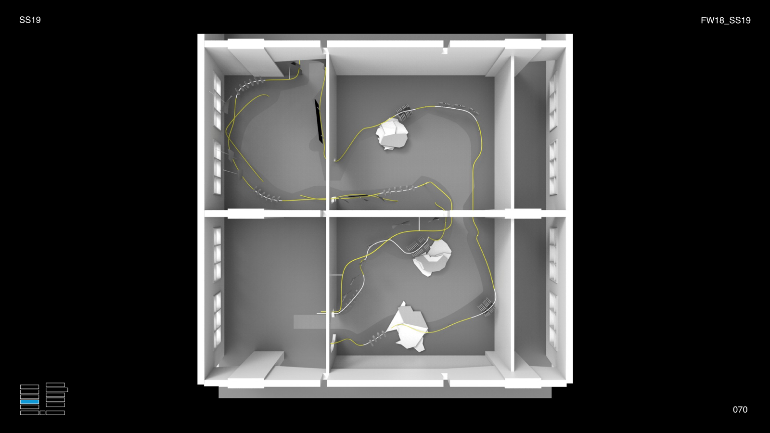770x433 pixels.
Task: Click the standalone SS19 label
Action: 30,20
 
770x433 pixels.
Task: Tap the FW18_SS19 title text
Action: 726,20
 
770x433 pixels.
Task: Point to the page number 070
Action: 740,409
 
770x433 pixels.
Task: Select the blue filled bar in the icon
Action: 29,402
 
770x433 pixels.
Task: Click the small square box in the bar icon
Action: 42,413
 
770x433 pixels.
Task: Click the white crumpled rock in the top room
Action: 392,134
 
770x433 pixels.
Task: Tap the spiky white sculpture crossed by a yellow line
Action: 408,327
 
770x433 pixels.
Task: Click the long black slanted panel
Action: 319,121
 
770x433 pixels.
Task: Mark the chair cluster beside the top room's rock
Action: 404,112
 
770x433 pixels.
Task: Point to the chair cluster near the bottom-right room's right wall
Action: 486,307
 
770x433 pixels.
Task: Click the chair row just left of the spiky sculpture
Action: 377,337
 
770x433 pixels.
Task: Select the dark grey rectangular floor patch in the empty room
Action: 309,322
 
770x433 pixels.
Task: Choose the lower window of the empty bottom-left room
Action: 217,319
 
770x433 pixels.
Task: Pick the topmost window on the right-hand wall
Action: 553,101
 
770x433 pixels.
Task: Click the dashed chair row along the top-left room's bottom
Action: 267,195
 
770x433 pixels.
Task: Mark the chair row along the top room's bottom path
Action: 399,190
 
